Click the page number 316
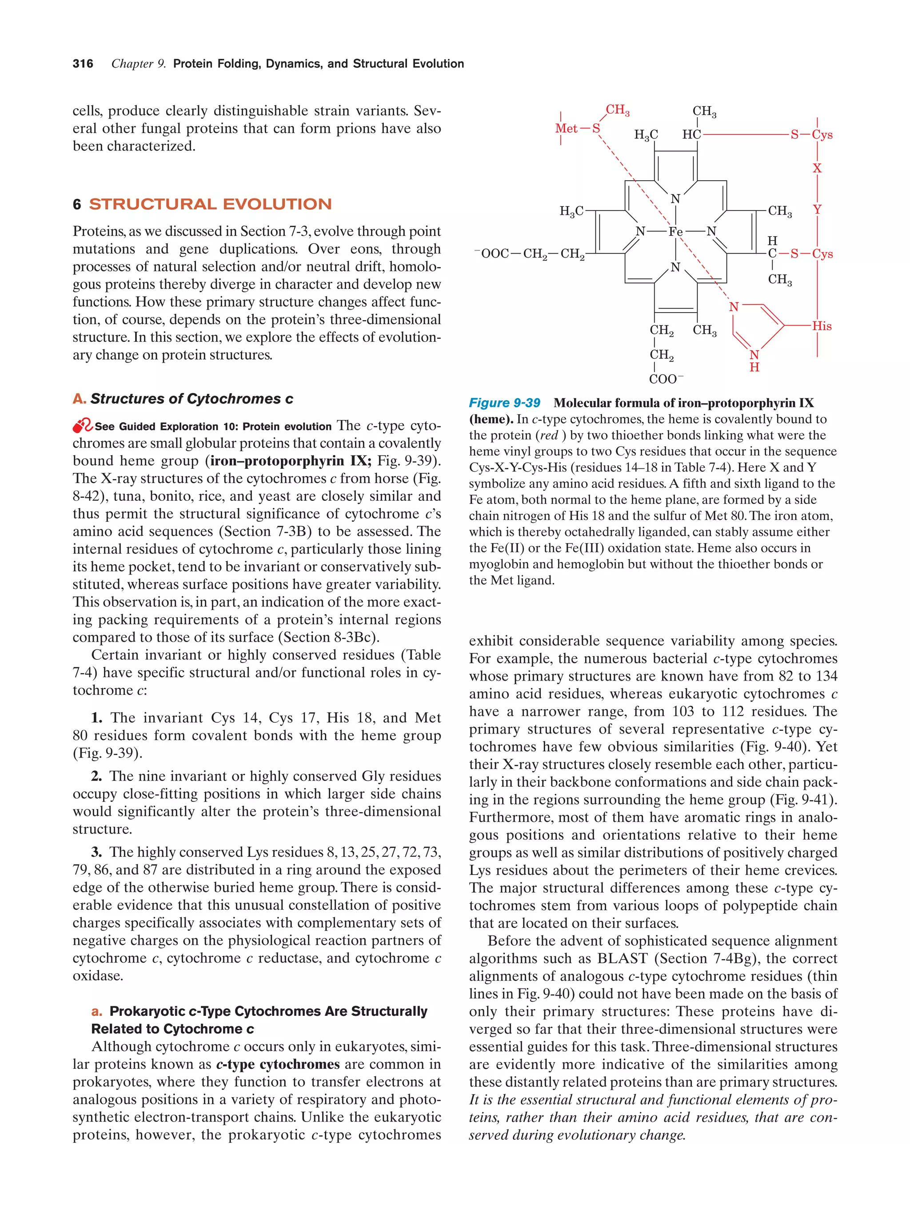point(83,64)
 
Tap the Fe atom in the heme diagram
point(675,232)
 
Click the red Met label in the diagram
point(566,129)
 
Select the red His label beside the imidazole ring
point(822,326)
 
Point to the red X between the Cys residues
point(817,168)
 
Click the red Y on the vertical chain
point(817,210)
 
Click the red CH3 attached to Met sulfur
point(617,110)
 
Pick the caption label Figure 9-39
point(504,403)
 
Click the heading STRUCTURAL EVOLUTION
point(210,204)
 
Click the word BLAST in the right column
point(622,959)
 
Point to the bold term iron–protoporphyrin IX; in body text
point(291,460)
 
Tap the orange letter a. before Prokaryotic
point(97,1011)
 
